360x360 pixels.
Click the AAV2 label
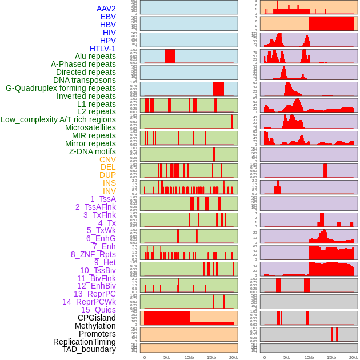(106, 9)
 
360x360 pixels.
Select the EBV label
(108, 17)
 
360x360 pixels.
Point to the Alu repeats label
(95, 56)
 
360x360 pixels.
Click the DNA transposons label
(84, 80)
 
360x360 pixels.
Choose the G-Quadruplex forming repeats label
(61, 88)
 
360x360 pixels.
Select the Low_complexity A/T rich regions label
(58, 119)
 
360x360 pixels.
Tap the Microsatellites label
(90, 127)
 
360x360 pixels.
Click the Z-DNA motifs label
(92, 151)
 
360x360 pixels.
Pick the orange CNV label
(107, 159)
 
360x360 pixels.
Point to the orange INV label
(109, 191)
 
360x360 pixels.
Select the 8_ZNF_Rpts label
(93, 254)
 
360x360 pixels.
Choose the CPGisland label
(97, 318)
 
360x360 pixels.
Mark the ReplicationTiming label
(84, 342)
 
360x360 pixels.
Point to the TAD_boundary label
(89, 349)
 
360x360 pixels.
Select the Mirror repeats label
(90, 143)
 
